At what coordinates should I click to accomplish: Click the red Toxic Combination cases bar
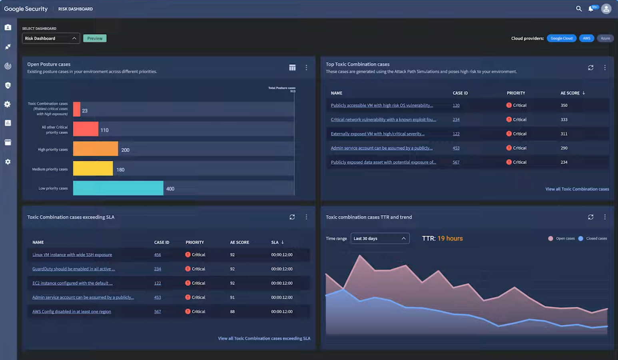(77, 109)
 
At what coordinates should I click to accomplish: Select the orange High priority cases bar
(96, 149)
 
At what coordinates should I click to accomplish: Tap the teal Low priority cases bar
(118, 188)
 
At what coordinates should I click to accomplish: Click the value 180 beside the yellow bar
(120, 170)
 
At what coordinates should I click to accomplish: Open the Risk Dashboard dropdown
(51, 38)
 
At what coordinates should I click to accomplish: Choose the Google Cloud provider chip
(561, 38)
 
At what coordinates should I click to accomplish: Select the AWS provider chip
(586, 38)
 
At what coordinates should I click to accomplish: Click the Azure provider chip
(605, 38)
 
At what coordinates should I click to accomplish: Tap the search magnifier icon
(579, 8)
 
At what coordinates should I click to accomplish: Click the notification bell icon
(591, 9)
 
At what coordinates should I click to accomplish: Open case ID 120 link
(456, 106)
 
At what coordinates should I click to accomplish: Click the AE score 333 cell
(564, 120)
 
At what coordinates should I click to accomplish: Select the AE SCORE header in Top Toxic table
(570, 93)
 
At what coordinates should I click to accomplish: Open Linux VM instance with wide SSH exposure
(72, 255)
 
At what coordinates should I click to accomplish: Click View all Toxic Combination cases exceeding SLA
(264, 338)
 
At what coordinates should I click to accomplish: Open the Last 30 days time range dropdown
(379, 238)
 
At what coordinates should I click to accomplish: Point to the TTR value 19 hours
(450, 238)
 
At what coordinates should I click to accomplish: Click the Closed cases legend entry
(596, 238)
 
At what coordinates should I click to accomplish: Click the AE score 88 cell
(232, 312)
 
